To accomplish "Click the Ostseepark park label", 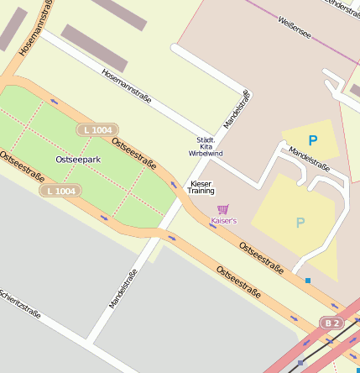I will (78, 159).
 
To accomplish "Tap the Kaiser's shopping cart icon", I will (222, 209).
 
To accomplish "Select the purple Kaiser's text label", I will (223, 221).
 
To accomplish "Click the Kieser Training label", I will (201, 186).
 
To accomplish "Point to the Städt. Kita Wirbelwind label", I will (206, 146).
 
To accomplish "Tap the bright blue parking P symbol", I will (313, 141).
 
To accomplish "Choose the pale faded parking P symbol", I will (300, 223).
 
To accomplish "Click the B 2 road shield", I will (331, 323).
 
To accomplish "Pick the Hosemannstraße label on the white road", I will (126, 86).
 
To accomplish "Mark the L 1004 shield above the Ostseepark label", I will (97, 129).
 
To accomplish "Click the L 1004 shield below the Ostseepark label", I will (60, 191).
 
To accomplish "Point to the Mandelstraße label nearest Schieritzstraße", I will (123, 287).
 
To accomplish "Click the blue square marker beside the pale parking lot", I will (308, 280).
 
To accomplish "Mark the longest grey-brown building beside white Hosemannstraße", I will (94, 48).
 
